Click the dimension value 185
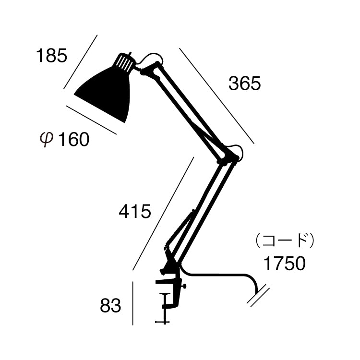51,56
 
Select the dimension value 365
244,84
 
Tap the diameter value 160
73,140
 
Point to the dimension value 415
135,211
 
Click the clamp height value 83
111,306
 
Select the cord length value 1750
284,264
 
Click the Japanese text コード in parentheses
285,240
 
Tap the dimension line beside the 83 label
132,303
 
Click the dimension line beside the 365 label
216,96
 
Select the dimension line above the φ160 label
91,120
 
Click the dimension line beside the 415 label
163,213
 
